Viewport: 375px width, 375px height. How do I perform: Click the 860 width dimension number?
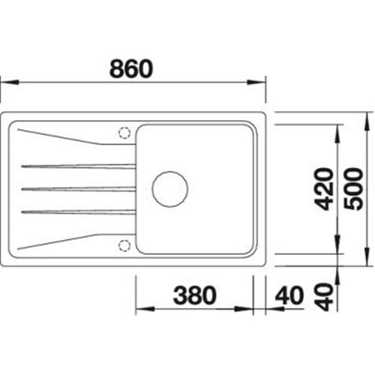pyautogui.click(x=131, y=68)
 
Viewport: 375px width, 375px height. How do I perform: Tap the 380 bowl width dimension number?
pyautogui.click(x=194, y=295)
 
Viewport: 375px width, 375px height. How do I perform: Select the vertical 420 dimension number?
pyautogui.click(x=324, y=189)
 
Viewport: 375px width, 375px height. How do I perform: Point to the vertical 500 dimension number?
pyautogui.click(x=353, y=189)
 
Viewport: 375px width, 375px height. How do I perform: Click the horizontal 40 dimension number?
pyautogui.click(x=289, y=295)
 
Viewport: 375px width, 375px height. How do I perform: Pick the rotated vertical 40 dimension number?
pyautogui.click(x=324, y=297)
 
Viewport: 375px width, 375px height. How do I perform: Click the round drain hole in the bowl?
pyautogui.click(x=170, y=189)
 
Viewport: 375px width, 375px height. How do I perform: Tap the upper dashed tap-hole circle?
pyautogui.click(x=124, y=133)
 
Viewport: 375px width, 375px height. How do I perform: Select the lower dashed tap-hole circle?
pyautogui.click(x=124, y=245)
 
